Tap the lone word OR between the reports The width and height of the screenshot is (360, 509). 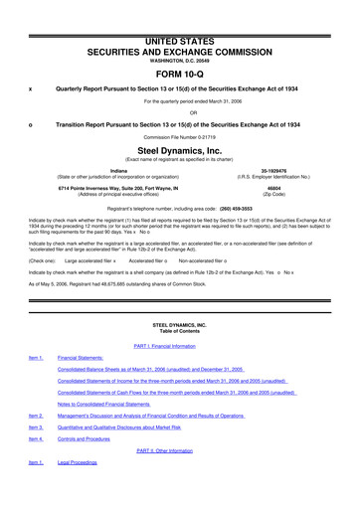179,111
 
